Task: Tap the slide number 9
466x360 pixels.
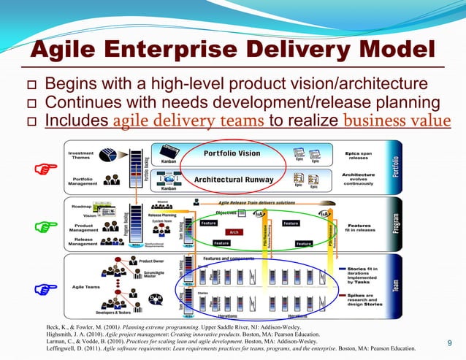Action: (x=449, y=343)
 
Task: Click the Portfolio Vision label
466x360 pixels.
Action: (x=232, y=153)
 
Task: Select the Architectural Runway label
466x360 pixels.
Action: (x=234, y=179)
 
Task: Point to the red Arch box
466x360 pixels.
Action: (x=234, y=231)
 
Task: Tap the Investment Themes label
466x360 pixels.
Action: (x=81, y=156)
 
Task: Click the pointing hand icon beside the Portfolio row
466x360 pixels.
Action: (x=45, y=170)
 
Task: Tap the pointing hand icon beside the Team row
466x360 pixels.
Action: (x=45, y=290)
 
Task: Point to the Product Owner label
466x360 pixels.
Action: (x=152, y=261)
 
